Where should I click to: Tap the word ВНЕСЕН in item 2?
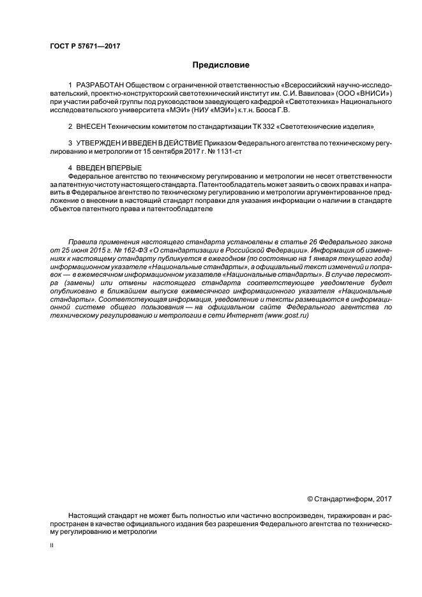pyautogui.click(x=92, y=127)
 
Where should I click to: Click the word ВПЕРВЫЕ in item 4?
pyautogui.click(x=121, y=167)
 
